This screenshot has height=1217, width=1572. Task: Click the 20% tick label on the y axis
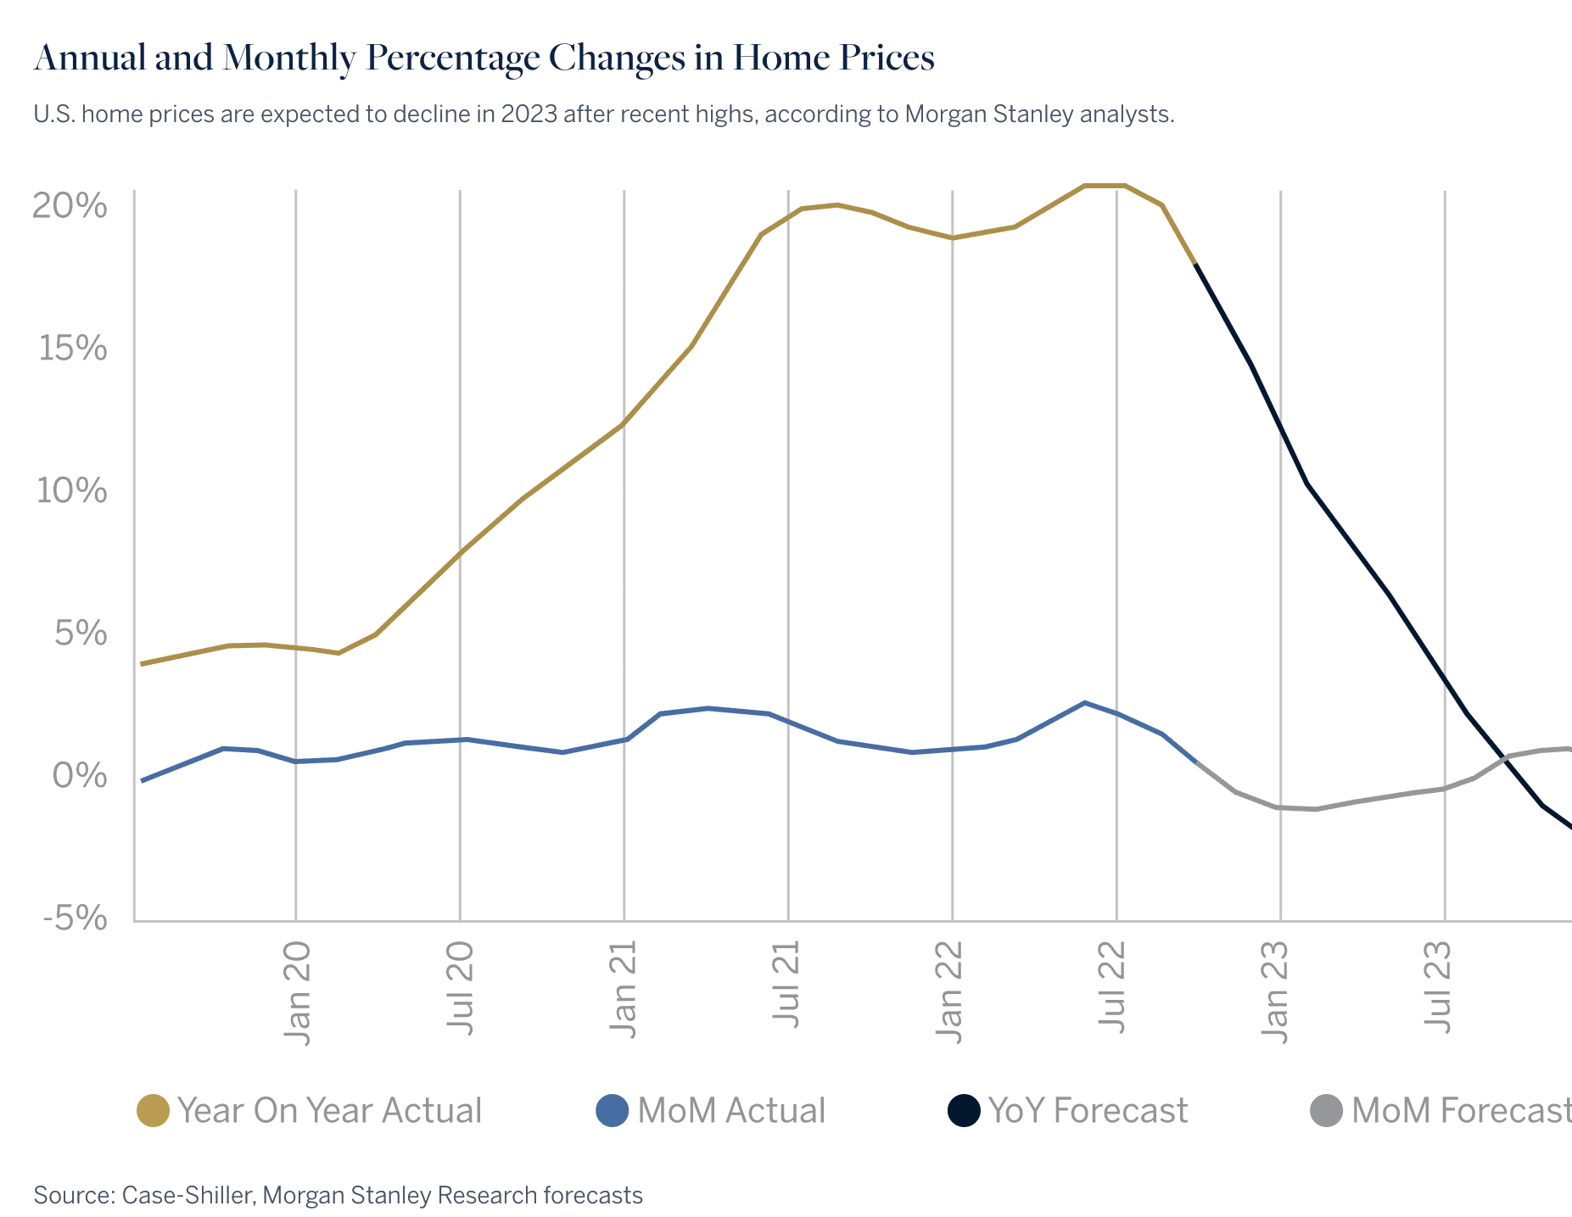70,205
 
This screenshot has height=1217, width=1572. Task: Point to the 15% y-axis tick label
72,348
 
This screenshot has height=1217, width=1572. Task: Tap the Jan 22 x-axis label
952,992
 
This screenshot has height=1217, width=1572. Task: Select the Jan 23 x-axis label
1278,992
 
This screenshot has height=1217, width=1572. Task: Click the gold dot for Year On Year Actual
153,1111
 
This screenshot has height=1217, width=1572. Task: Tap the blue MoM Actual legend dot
612,1111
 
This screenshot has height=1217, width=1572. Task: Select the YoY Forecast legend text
1088,1111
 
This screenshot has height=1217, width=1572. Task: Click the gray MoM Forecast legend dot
1326,1111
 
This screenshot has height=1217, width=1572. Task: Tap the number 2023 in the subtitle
529,114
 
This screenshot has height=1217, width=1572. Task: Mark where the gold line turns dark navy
1195,264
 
